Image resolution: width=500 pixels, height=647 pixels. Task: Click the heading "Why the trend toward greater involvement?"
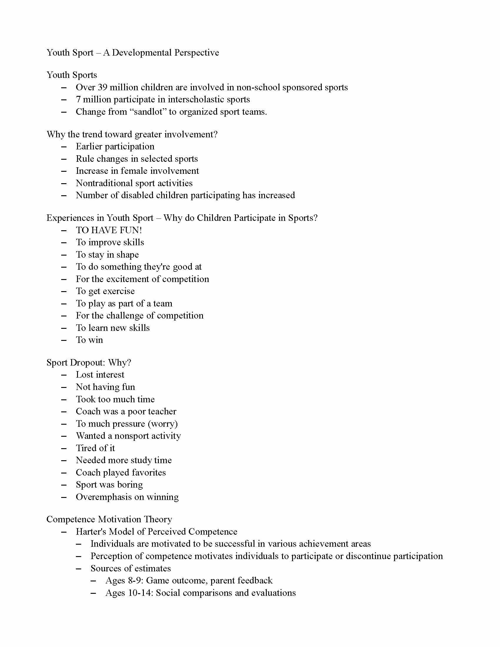pyautogui.click(x=132, y=134)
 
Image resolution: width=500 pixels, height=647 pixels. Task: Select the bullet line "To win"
pyautogui.click(x=89, y=340)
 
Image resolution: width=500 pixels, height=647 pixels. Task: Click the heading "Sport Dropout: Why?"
pyautogui.click(x=89, y=363)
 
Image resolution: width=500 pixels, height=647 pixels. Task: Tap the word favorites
pyautogui.click(x=149, y=473)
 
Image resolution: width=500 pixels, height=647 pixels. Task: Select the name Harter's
pyautogui.click(x=91, y=532)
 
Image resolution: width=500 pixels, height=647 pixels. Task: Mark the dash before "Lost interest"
pyautogui.click(x=64, y=375)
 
